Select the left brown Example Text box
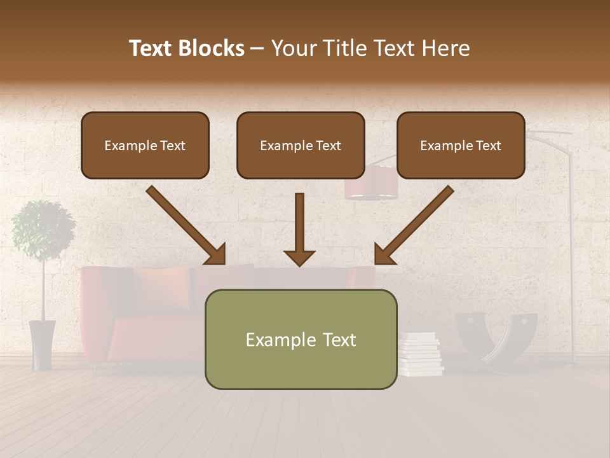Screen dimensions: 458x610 [145, 145]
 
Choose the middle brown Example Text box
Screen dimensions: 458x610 [301, 145]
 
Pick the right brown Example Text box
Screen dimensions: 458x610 [461, 145]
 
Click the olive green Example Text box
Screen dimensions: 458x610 [301, 339]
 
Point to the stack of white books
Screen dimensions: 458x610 [420, 354]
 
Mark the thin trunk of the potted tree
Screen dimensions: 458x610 [43, 289]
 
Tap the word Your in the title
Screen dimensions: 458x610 [293, 48]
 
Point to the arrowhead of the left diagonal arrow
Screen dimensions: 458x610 [216, 254]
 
